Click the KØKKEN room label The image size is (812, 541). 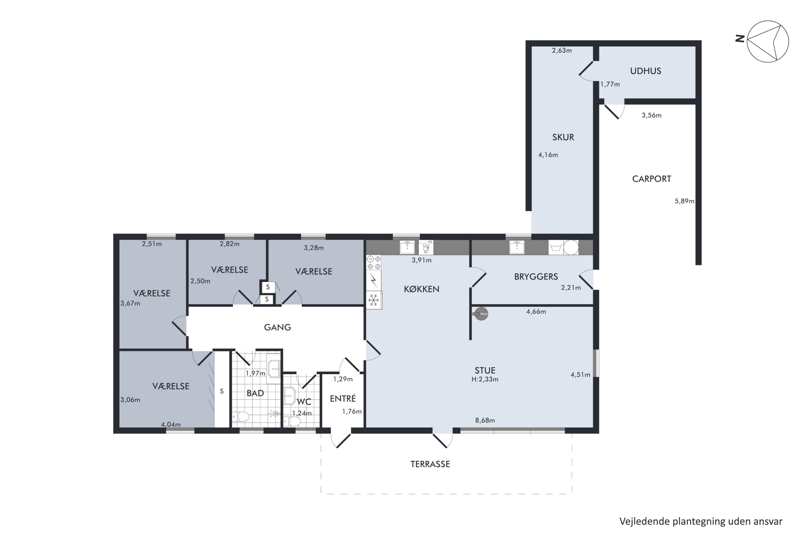pos(421,289)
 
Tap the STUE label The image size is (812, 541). pos(485,371)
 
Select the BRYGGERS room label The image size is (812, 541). pos(536,277)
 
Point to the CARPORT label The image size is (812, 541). pos(651,179)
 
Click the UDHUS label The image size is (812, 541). pos(646,71)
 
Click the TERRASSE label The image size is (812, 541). pos(430,464)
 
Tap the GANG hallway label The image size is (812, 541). pos(278,327)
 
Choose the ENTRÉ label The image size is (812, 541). pos(343,398)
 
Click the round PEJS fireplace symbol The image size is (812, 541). pos(481,314)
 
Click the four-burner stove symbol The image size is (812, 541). pos(374,263)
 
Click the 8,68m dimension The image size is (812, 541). pos(485,420)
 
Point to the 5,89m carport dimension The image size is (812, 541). pos(684,201)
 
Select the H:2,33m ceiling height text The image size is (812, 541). pos(485,379)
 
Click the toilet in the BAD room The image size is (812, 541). pos(240,417)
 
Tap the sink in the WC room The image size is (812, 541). pos(289,396)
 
